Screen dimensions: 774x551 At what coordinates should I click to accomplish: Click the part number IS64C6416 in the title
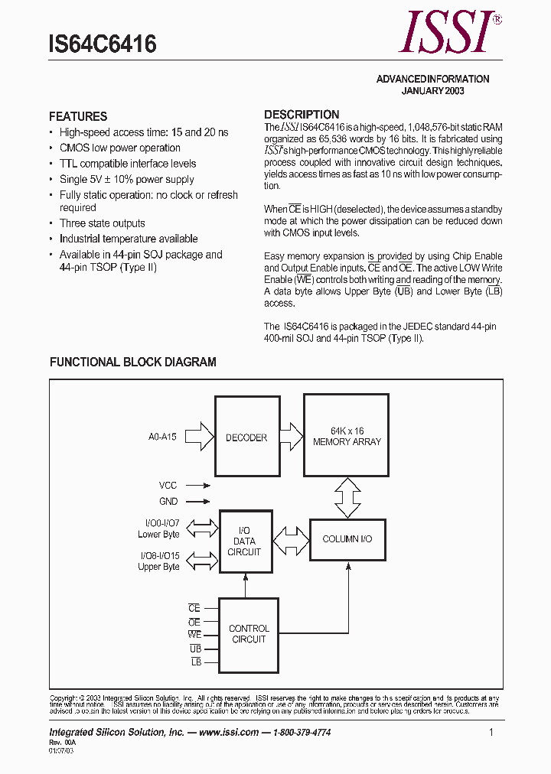pos(103,44)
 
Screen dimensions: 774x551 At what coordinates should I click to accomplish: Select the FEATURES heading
pos(78,117)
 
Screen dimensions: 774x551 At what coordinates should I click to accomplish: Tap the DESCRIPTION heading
pos(302,115)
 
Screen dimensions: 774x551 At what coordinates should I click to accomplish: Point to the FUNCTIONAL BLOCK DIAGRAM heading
pos(133,363)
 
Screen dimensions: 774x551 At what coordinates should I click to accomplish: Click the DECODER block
pos(246,437)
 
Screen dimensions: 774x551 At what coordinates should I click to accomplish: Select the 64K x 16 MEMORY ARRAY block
pos(347,436)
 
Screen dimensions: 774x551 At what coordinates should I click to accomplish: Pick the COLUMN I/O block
pos(347,539)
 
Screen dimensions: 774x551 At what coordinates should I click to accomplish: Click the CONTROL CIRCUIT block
pos(249,634)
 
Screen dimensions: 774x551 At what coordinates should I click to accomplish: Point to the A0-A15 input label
pos(162,437)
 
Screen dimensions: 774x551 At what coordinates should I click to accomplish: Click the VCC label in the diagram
pos(168,486)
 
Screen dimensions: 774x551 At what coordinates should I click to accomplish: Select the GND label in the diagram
pos(168,502)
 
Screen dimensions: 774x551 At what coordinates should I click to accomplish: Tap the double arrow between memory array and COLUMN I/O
pos(347,498)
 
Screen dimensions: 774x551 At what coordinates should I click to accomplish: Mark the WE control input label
pos(194,635)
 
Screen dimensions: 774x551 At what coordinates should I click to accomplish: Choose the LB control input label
pos(196,662)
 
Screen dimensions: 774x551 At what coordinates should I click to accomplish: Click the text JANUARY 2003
pos(433,90)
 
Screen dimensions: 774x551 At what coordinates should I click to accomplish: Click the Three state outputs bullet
pos(102,223)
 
